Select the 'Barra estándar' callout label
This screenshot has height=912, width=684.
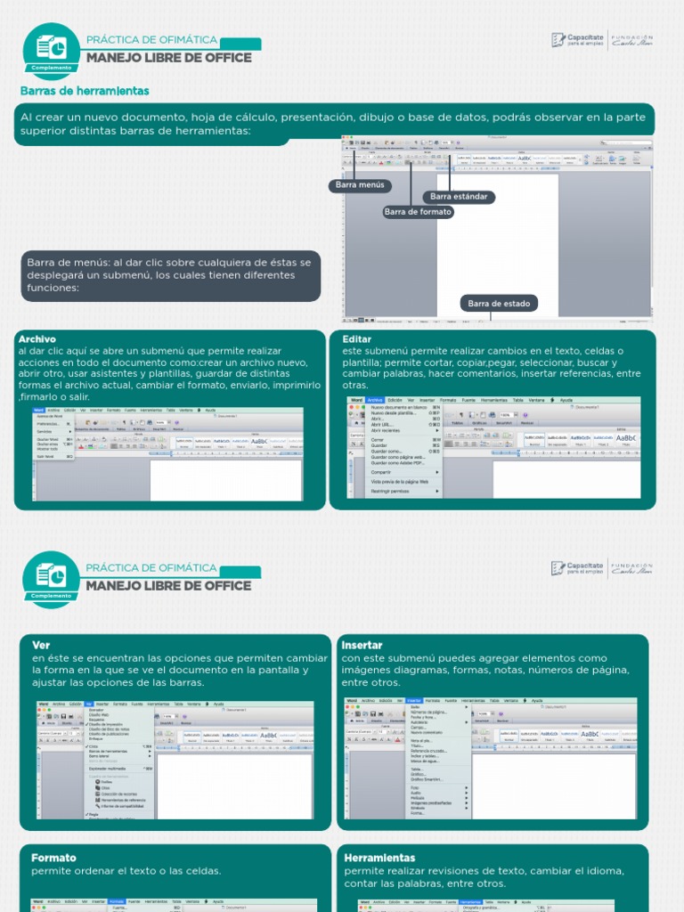click(x=459, y=197)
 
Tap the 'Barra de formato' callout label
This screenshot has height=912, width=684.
click(x=418, y=212)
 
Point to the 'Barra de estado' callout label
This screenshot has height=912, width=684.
click(x=499, y=304)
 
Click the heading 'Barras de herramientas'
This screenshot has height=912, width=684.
click(x=85, y=91)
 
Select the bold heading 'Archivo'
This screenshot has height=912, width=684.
click(x=37, y=339)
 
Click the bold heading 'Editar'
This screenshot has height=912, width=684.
click(x=356, y=339)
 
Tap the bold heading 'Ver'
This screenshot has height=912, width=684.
click(x=40, y=645)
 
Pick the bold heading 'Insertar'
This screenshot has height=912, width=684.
click(x=362, y=645)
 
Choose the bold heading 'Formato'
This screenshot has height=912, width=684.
click(x=53, y=858)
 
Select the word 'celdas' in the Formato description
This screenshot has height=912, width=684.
click(x=199, y=870)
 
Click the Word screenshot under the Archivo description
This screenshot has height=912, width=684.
click(x=167, y=454)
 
